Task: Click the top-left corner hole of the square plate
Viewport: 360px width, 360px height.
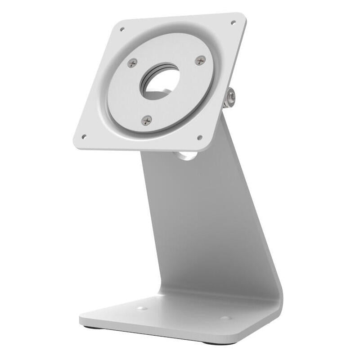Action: point(122,29)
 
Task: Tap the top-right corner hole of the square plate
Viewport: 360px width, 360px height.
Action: point(233,22)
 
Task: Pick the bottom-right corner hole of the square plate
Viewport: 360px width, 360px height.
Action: point(200,137)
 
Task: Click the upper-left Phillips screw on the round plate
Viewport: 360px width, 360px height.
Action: point(131,63)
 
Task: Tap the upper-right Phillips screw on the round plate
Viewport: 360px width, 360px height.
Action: point(200,60)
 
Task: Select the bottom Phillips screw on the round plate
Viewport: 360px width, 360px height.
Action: point(146,120)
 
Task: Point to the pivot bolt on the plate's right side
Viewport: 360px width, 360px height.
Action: point(230,97)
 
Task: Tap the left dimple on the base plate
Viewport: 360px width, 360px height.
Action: point(142,309)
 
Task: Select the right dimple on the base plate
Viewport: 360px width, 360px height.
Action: point(225,318)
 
